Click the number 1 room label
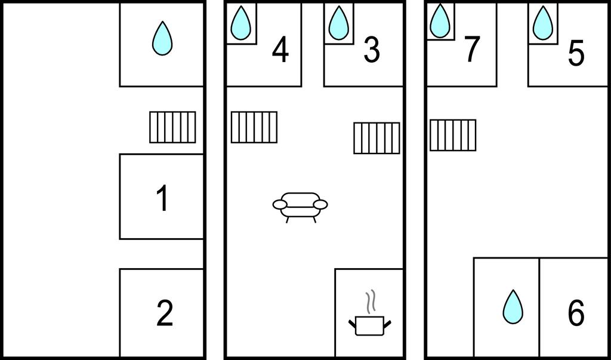162,198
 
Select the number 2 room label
165,313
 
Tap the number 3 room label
371,50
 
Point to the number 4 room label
280,50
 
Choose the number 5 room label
576,54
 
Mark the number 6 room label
576,313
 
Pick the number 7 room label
472,49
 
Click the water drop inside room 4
241,23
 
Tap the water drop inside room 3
338,23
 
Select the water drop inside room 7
440,21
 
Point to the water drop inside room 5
543,23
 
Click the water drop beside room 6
513,306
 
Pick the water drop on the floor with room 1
162,38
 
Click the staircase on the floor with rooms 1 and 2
172,127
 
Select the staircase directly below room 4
254,127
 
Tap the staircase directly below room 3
377,138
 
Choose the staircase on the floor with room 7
453,135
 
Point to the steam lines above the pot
372,301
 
